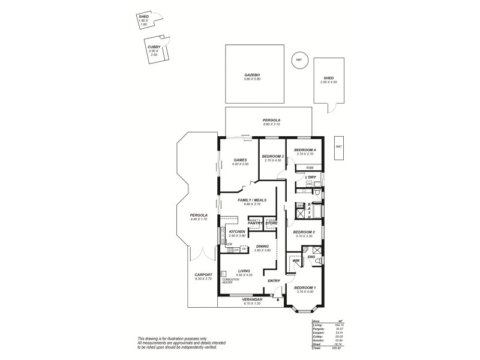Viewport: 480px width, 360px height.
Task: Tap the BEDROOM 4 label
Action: [x=305, y=149]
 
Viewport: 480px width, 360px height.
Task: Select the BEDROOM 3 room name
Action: [x=272, y=156]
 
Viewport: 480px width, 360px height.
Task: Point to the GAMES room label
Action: [x=241, y=160]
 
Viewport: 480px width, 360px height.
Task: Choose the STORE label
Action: [x=271, y=223]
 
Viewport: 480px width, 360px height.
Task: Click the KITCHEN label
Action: [x=237, y=232]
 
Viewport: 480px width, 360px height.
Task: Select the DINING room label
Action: [x=262, y=246]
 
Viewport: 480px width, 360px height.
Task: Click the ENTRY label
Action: [x=274, y=281]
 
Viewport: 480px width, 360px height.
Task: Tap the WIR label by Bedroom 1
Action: [x=296, y=261]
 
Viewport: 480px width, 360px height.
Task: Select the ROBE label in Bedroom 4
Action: [x=310, y=167]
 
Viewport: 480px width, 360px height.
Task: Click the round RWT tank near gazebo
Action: [x=299, y=60]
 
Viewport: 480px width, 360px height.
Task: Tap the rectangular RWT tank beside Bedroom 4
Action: [x=338, y=147]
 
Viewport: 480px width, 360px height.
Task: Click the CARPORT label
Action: [x=203, y=275]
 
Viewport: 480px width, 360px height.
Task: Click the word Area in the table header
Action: [x=316, y=322]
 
